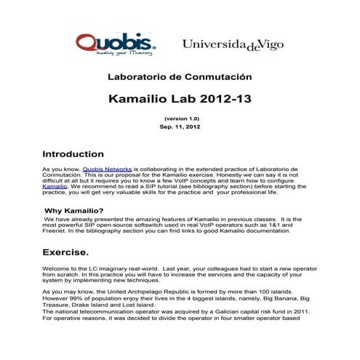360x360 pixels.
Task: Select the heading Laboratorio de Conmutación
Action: click(179, 76)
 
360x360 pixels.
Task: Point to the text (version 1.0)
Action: click(180, 118)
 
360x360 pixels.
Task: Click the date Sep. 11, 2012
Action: click(180, 127)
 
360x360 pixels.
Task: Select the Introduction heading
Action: click(73, 154)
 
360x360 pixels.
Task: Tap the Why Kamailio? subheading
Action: click(71, 211)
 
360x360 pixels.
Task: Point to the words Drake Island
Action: click(96, 304)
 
